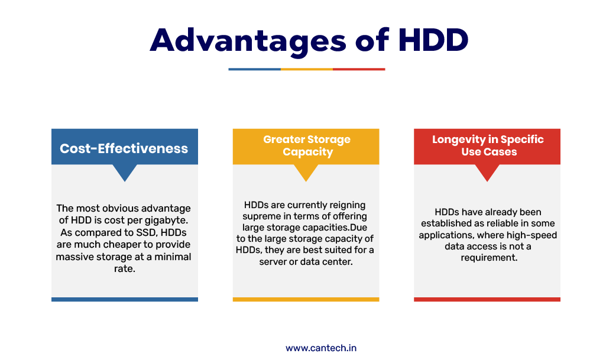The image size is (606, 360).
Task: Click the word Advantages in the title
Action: click(x=248, y=41)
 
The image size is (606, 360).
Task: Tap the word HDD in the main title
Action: click(x=433, y=40)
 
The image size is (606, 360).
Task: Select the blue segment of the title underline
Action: click(x=255, y=69)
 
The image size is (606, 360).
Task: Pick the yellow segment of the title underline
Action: click(x=307, y=69)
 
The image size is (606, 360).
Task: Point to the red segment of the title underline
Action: click(x=359, y=69)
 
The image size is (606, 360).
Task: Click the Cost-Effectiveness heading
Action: click(x=124, y=148)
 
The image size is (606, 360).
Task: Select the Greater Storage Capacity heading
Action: click(x=307, y=145)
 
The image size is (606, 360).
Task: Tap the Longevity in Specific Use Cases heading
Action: click(x=488, y=145)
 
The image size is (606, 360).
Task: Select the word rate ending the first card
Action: click(x=124, y=269)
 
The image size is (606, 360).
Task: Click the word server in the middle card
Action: click(x=272, y=262)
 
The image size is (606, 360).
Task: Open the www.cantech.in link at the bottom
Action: click(x=321, y=348)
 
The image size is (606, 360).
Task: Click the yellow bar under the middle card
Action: click(x=306, y=299)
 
